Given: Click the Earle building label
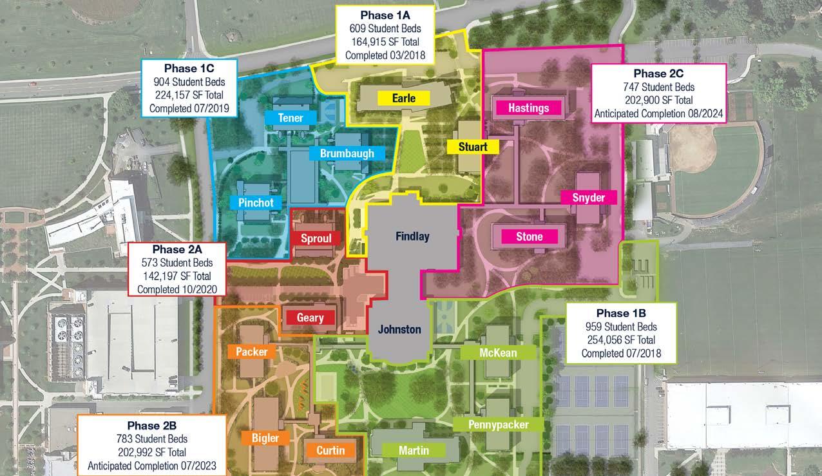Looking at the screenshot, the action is point(403,99).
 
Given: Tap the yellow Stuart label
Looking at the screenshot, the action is point(473,147).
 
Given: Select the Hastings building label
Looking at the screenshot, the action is point(528,108).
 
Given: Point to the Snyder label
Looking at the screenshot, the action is point(588,198).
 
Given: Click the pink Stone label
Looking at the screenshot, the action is point(529,237).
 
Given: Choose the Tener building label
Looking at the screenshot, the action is point(291,118).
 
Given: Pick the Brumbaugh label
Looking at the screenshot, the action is point(347,153).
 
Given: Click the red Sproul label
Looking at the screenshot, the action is point(316,239).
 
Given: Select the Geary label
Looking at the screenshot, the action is point(311,318).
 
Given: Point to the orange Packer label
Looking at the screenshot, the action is point(251,352).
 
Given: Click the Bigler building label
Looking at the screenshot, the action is point(265,439).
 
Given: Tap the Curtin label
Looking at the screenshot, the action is point(330,450).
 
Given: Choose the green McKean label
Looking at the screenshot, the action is point(498,353).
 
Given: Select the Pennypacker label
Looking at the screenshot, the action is point(499,424).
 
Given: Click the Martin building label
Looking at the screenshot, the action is point(414,450).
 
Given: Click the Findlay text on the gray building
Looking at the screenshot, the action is point(412,236).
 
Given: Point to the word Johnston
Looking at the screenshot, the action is point(399,329).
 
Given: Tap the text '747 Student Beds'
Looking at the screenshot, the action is point(658,87).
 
